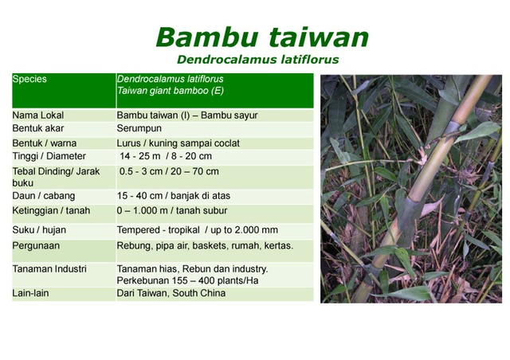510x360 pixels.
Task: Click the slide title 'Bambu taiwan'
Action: [262, 37]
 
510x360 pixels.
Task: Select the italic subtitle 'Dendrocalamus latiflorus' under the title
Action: [257, 59]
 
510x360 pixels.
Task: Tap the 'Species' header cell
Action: [29, 79]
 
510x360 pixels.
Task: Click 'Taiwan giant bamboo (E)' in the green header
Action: [169, 92]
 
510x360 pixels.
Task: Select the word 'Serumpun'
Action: [141, 128]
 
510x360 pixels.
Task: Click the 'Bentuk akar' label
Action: [38, 128]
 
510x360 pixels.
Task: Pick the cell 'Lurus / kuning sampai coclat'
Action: [178, 143]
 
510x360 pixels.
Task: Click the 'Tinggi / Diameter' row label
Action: [49, 156]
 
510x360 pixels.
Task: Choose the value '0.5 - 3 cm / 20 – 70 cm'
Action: [169, 171]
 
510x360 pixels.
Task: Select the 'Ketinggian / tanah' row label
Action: [51, 210]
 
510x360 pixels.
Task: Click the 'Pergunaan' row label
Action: [36, 246]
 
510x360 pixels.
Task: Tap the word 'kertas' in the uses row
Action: [277, 246]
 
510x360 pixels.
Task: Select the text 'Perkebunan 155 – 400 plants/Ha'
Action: [186, 281]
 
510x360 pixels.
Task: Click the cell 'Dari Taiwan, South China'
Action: [171, 293]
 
